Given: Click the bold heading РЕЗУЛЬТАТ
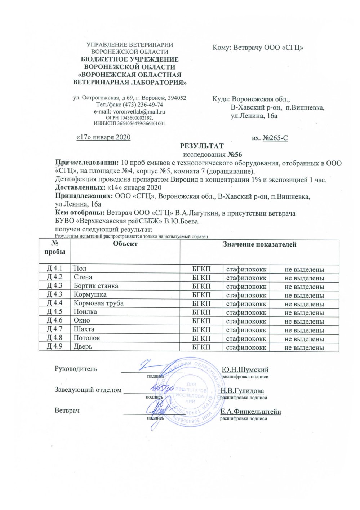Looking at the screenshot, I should point(202,146).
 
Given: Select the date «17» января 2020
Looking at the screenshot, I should point(103,137).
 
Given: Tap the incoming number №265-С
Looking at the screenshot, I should point(275,138).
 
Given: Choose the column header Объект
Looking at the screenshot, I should point(125,244).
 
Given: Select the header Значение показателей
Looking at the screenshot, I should point(259,245).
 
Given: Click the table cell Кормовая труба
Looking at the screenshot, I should point(98,303).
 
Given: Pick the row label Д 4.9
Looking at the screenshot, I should point(54,347).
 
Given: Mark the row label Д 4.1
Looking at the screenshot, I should point(54,269).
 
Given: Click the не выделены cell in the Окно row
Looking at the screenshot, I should point(304,321).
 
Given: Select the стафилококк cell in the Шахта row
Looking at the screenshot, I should point(246,330).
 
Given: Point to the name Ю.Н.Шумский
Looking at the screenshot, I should point(245,370).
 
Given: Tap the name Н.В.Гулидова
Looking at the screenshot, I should point(242,391).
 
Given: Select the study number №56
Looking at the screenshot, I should point(235,155).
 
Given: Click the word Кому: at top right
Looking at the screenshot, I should point(221,48).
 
